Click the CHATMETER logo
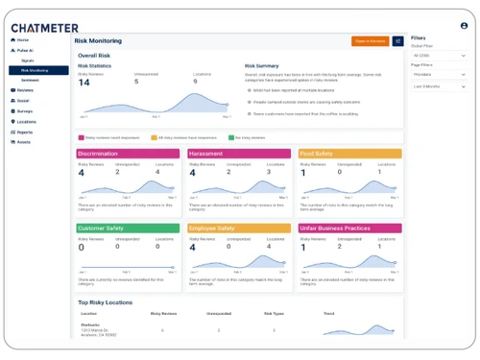(45, 28)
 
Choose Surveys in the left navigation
(25, 110)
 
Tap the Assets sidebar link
(24, 142)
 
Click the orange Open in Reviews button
(370, 41)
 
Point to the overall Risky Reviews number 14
(84, 83)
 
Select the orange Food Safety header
(349, 154)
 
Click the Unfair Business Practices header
(349, 228)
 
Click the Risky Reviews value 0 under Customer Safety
(81, 248)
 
